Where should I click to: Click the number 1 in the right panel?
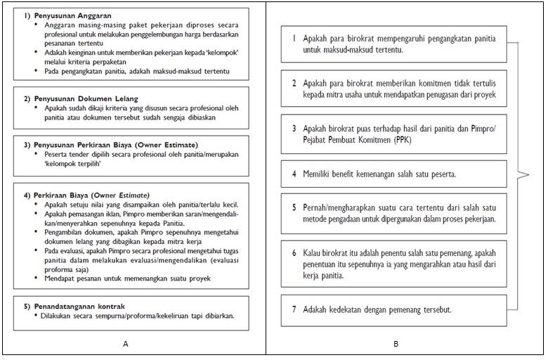click(294, 39)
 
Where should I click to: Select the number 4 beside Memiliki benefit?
click(294, 173)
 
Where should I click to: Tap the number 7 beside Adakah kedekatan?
click(294, 309)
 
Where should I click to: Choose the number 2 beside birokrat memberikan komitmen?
click(294, 83)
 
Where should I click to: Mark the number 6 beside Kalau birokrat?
click(294, 252)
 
